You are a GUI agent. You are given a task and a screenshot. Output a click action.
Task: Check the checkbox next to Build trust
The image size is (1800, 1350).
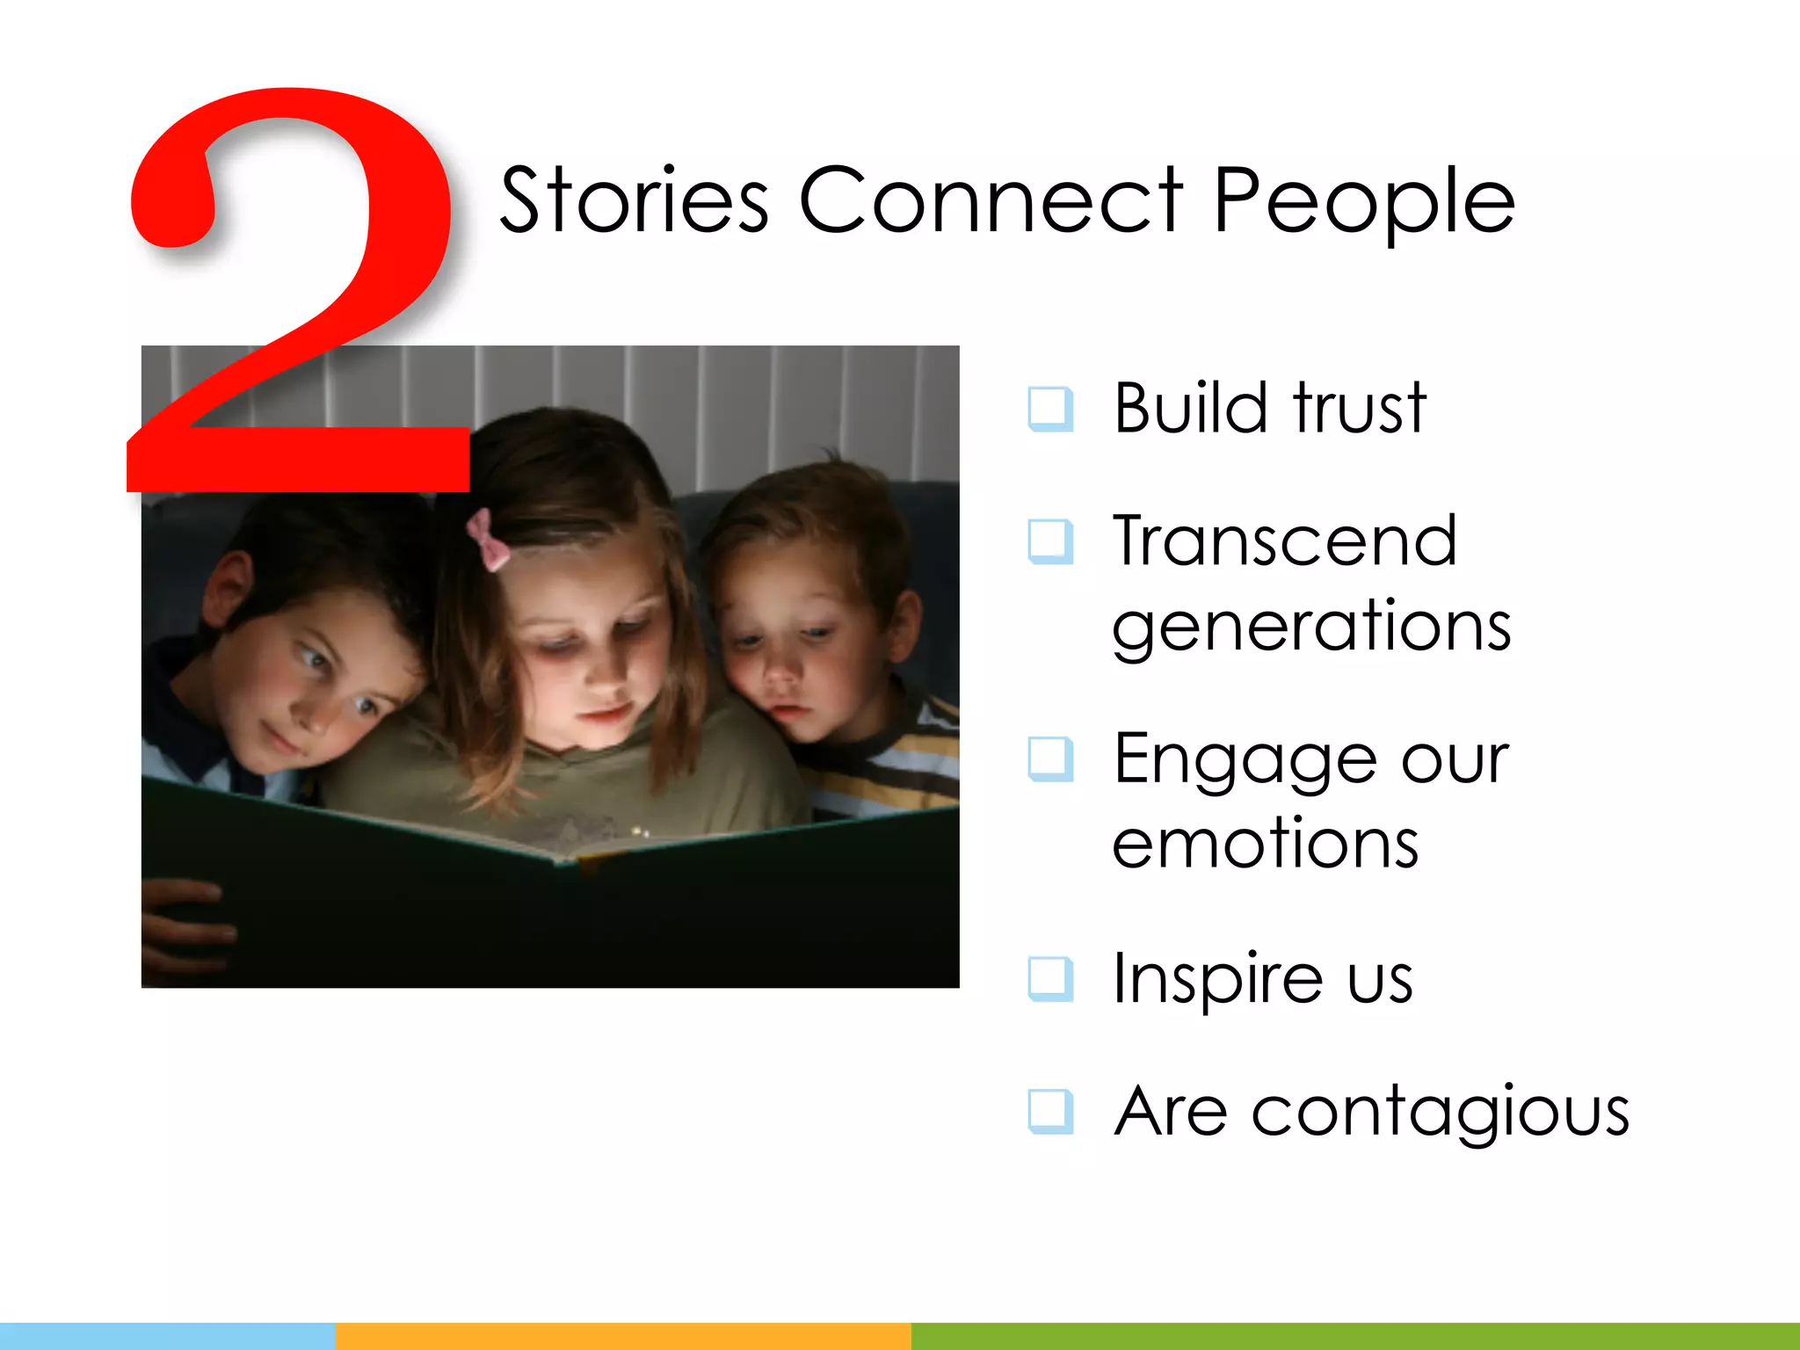pyautogui.click(x=1050, y=410)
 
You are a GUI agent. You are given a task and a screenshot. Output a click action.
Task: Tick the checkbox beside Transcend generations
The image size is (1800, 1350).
pyautogui.click(x=1050, y=541)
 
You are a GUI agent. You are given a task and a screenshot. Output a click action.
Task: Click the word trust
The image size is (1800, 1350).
pyautogui.click(x=1359, y=408)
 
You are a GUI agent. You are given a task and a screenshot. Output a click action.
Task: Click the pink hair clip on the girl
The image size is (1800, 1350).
pyautogui.click(x=488, y=539)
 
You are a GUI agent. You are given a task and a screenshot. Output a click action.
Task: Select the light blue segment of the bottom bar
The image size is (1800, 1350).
pyautogui.click(x=167, y=1336)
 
